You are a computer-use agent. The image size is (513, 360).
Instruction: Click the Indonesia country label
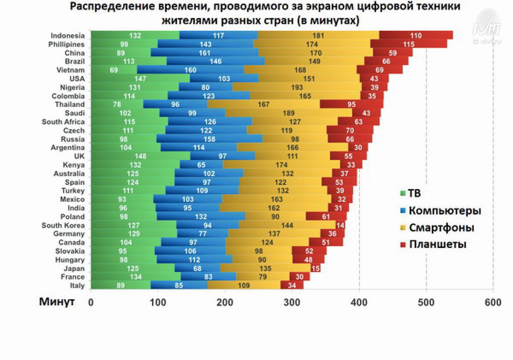tap(68, 36)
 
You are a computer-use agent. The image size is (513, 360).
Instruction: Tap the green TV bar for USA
tap(140, 79)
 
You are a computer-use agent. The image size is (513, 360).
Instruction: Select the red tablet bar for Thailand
tap(351, 104)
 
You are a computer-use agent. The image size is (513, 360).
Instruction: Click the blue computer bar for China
tap(204, 53)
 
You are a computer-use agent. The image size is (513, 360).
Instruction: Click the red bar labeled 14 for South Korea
tap(341, 225)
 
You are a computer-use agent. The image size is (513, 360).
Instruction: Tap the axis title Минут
tap(57, 302)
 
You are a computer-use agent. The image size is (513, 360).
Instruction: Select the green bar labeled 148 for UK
tap(140, 156)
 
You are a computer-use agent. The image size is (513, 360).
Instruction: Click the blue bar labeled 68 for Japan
tap(197, 269)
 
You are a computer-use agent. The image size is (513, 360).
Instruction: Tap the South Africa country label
tap(63, 122)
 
